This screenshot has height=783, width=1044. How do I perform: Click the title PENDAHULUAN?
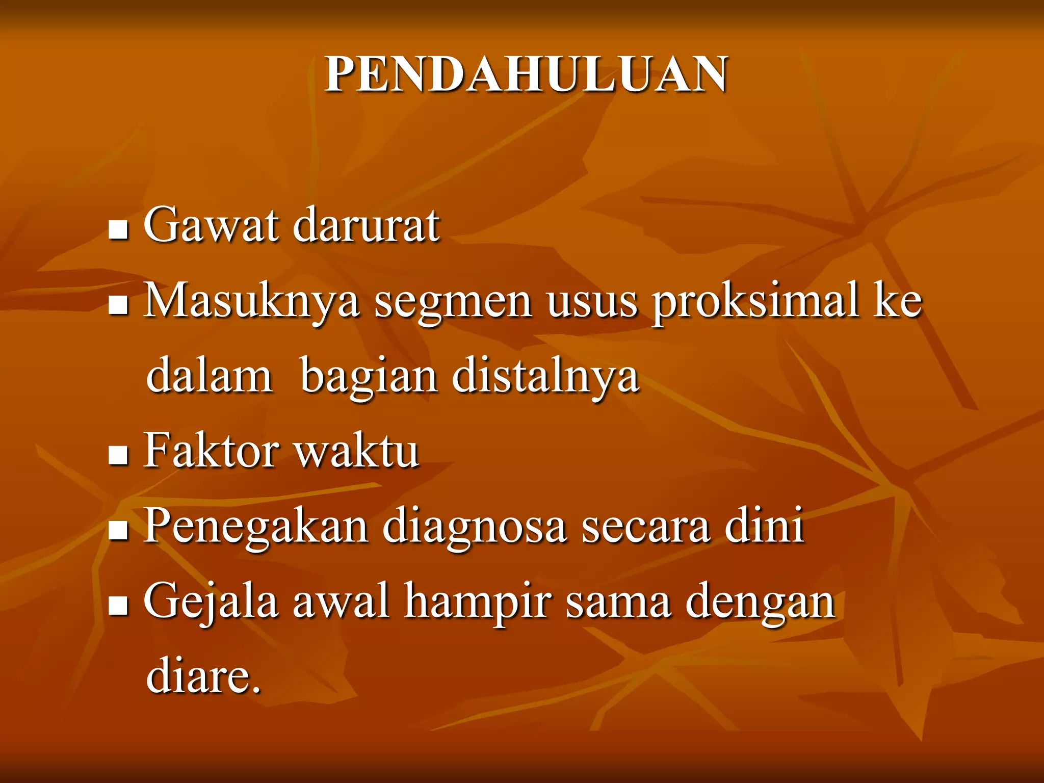[x=527, y=75]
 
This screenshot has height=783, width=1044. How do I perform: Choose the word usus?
[x=592, y=302]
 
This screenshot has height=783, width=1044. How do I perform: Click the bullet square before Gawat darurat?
[x=118, y=230]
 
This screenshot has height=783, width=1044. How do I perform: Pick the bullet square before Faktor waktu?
[x=118, y=455]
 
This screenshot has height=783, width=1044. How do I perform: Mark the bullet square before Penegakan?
[x=118, y=531]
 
